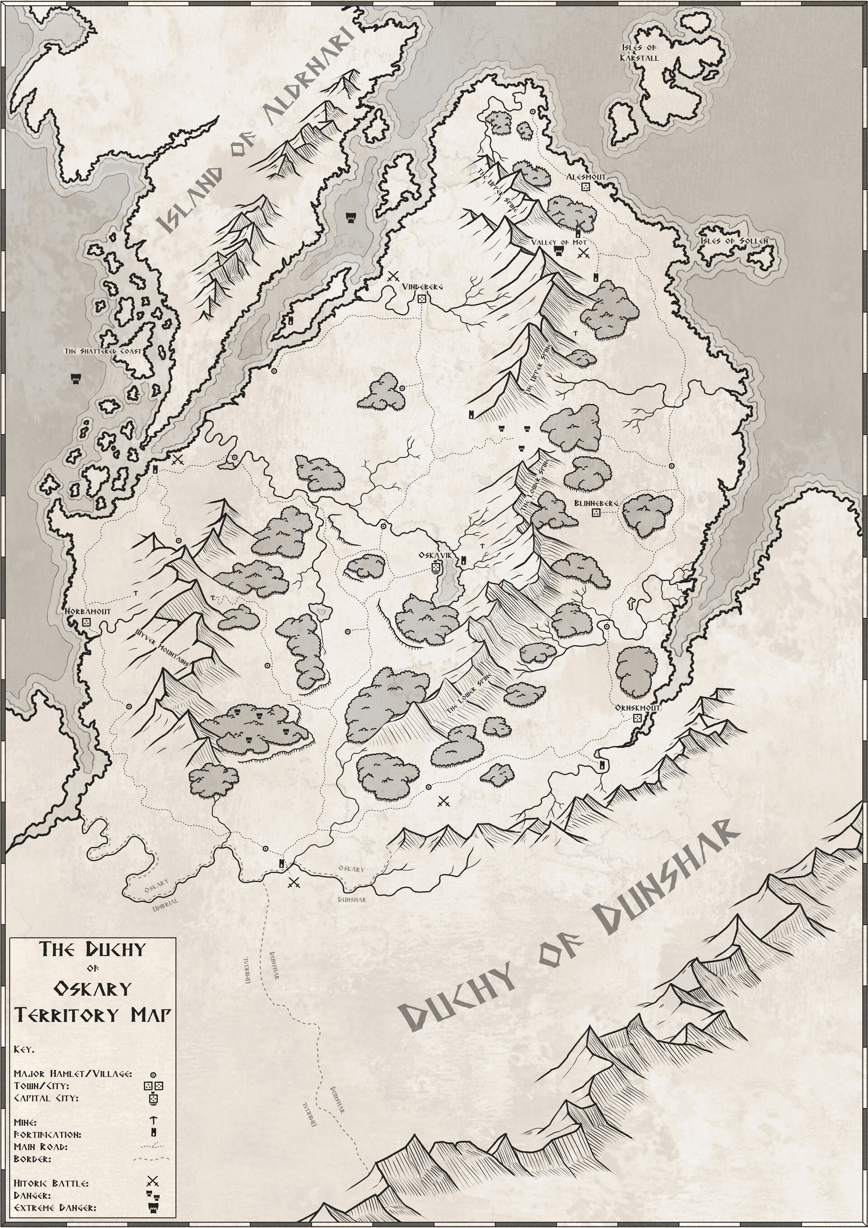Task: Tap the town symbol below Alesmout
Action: coord(585,187)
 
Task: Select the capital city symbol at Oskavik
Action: coord(436,567)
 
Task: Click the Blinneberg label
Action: coord(596,503)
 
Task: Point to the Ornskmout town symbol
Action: coord(637,718)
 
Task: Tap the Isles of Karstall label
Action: coord(639,52)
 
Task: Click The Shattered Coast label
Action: coord(103,351)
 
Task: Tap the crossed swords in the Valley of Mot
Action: coord(584,254)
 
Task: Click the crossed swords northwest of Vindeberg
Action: coord(394,277)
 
